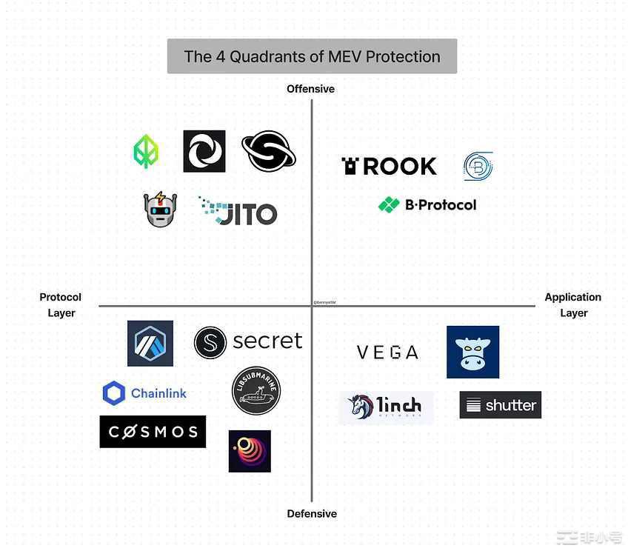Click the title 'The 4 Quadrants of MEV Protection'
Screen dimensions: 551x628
[312, 56]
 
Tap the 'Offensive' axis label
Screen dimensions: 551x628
[311, 89]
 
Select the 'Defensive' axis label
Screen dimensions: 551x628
[312, 513]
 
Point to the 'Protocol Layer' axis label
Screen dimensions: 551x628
[61, 304]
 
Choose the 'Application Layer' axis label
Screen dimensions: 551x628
[572, 304]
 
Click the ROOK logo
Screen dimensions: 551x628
[389, 166]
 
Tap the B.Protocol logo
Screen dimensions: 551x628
[427, 204]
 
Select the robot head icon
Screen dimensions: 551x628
[160, 209]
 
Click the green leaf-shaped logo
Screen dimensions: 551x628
[145, 151]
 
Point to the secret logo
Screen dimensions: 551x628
[248, 341]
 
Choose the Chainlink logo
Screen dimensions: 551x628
[144, 393]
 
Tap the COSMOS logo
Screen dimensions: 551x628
[153, 432]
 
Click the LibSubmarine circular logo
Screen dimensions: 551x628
[256, 390]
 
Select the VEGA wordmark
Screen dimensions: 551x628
[387, 353]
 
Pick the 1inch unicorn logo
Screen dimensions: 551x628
[386, 407]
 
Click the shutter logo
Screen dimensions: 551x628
[500, 405]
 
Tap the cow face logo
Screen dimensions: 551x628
[472, 352]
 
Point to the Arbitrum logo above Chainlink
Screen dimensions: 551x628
[150, 343]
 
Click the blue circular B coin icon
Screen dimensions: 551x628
[478, 166]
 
